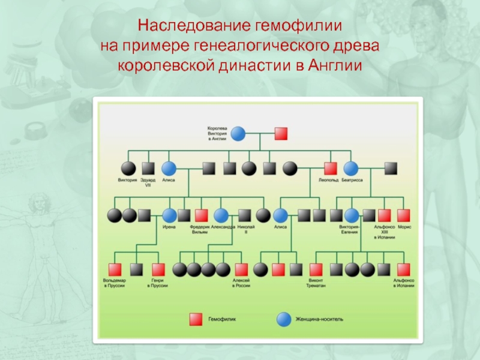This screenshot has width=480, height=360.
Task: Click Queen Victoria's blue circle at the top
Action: click(x=238, y=133)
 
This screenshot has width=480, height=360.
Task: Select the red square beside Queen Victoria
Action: click(x=280, y=133)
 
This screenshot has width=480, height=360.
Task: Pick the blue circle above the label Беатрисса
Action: click(x=350, y=169)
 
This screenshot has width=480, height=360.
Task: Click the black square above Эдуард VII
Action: click(x=148, y=169)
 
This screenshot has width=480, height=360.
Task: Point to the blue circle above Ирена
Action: click(x=169, y=215)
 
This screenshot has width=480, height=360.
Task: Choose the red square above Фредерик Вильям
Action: click(x=201, y=215)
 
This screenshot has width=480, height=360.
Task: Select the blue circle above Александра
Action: click(x=221, y=215)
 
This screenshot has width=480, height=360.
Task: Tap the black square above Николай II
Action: click(x=244, y=215)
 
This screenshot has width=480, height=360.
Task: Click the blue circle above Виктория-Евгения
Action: click(x=350, y=215)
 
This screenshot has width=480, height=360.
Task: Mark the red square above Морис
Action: click(x=404, y=215)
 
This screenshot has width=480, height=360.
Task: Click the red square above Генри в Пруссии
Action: click(x=158, y=269)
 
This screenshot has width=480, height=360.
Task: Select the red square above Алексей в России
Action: click(x=241, y=269)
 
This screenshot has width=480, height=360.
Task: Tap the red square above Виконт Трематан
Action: click(x=316, y=269)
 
